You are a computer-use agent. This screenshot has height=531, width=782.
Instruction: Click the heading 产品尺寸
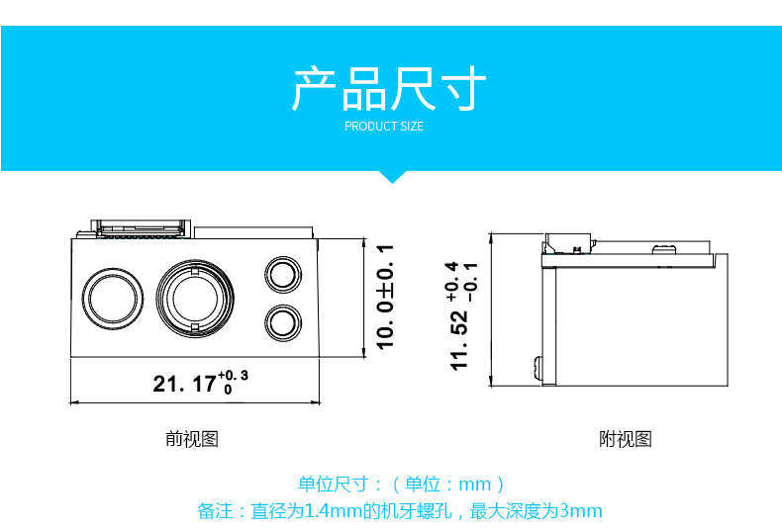388,89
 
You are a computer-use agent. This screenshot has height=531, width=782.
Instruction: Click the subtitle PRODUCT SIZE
384,127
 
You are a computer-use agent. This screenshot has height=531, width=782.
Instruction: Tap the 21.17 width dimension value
184,384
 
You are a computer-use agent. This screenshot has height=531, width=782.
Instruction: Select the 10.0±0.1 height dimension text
384,298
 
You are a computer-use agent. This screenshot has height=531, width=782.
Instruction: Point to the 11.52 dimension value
459,340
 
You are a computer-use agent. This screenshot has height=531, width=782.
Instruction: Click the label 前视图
192,439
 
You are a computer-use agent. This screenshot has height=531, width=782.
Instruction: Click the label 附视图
626,439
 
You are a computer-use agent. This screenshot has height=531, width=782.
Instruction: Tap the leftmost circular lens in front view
112,299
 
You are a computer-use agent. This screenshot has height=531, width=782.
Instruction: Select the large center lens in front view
195,299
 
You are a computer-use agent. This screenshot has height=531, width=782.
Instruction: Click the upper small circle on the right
283,275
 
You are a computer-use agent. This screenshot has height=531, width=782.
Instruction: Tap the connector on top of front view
142,228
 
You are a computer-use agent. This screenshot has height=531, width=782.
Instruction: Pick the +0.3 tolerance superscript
233,376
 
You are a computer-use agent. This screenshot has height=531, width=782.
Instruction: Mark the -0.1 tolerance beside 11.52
472,283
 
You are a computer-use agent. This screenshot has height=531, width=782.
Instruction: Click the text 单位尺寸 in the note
334,484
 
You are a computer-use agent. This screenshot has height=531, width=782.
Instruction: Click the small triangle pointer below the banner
392,177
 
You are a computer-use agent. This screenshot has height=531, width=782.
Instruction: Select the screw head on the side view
538,369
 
